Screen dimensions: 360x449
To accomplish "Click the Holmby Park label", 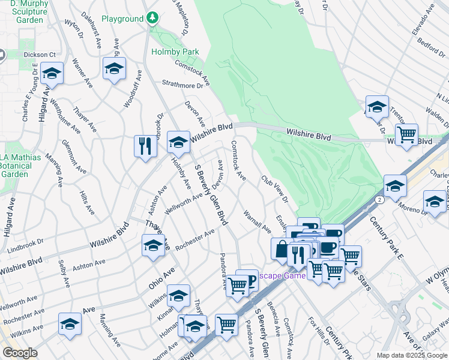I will [x=175, y=52].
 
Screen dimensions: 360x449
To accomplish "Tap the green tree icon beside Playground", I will [x=153, y=18].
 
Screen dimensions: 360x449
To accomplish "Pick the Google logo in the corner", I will [x=20, y=353].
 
